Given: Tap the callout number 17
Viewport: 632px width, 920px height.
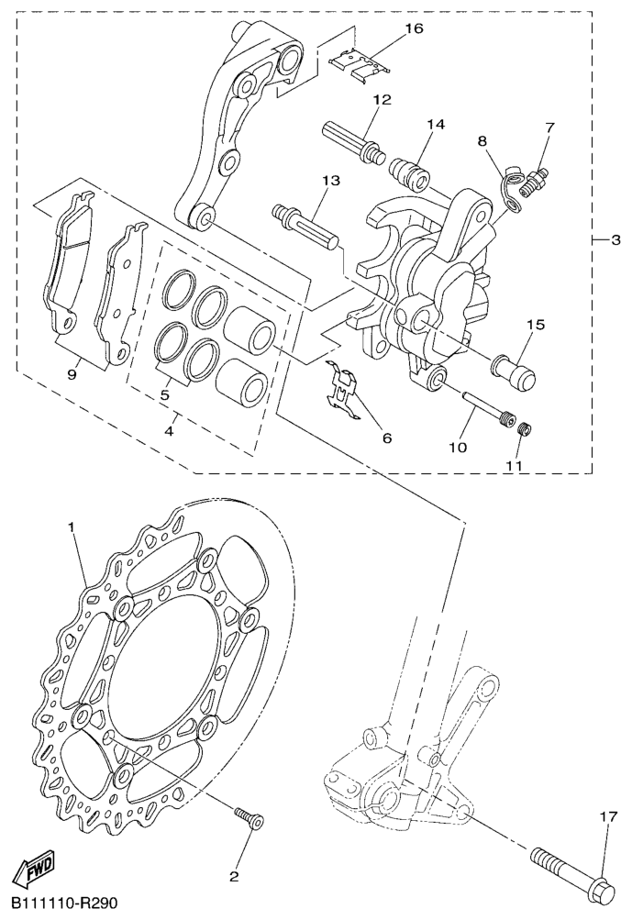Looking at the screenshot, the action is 608,815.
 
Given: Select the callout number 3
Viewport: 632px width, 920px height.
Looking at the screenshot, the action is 615,239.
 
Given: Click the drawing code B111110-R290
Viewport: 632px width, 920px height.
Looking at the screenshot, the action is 64,903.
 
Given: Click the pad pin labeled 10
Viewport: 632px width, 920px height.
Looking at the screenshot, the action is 486,405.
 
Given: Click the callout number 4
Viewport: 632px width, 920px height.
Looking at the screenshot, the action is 170,432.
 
